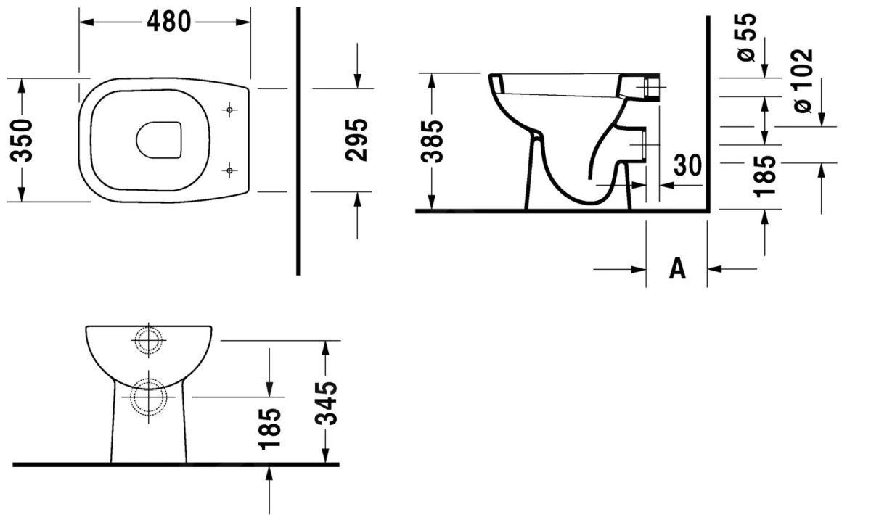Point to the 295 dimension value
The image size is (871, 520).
pyautogui.click(x=357, y=140)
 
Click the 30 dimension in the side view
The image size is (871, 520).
pyautogui.click(x=688, y=165)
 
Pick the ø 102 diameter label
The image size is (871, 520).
pyautogui.click(x=803, y=81)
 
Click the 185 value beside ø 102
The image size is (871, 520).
pyautogui.click(x=765, y=175)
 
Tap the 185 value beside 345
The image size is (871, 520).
pyautogui.click(x=270, y=428)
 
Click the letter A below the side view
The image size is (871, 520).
pyautogui.click(x=676, y=268)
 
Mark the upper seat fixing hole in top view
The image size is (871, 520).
pyautogui.click(x=229, y=110)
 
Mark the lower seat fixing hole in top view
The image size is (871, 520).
pyautogui.click(x=229, y=170)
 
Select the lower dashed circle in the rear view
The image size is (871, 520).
pyautogui.click(x=149, y=397)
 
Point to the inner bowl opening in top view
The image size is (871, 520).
pyautogui.click(x=158, y=139)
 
